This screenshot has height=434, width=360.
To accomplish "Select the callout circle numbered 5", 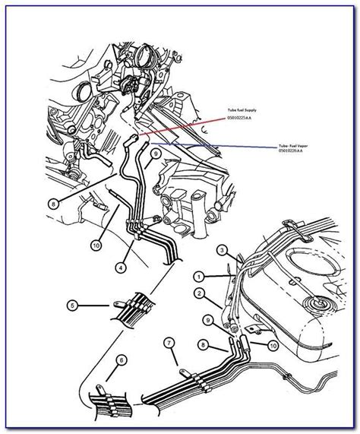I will [x=73, y=307].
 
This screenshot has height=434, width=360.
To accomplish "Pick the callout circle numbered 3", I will [x=222, y=250].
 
